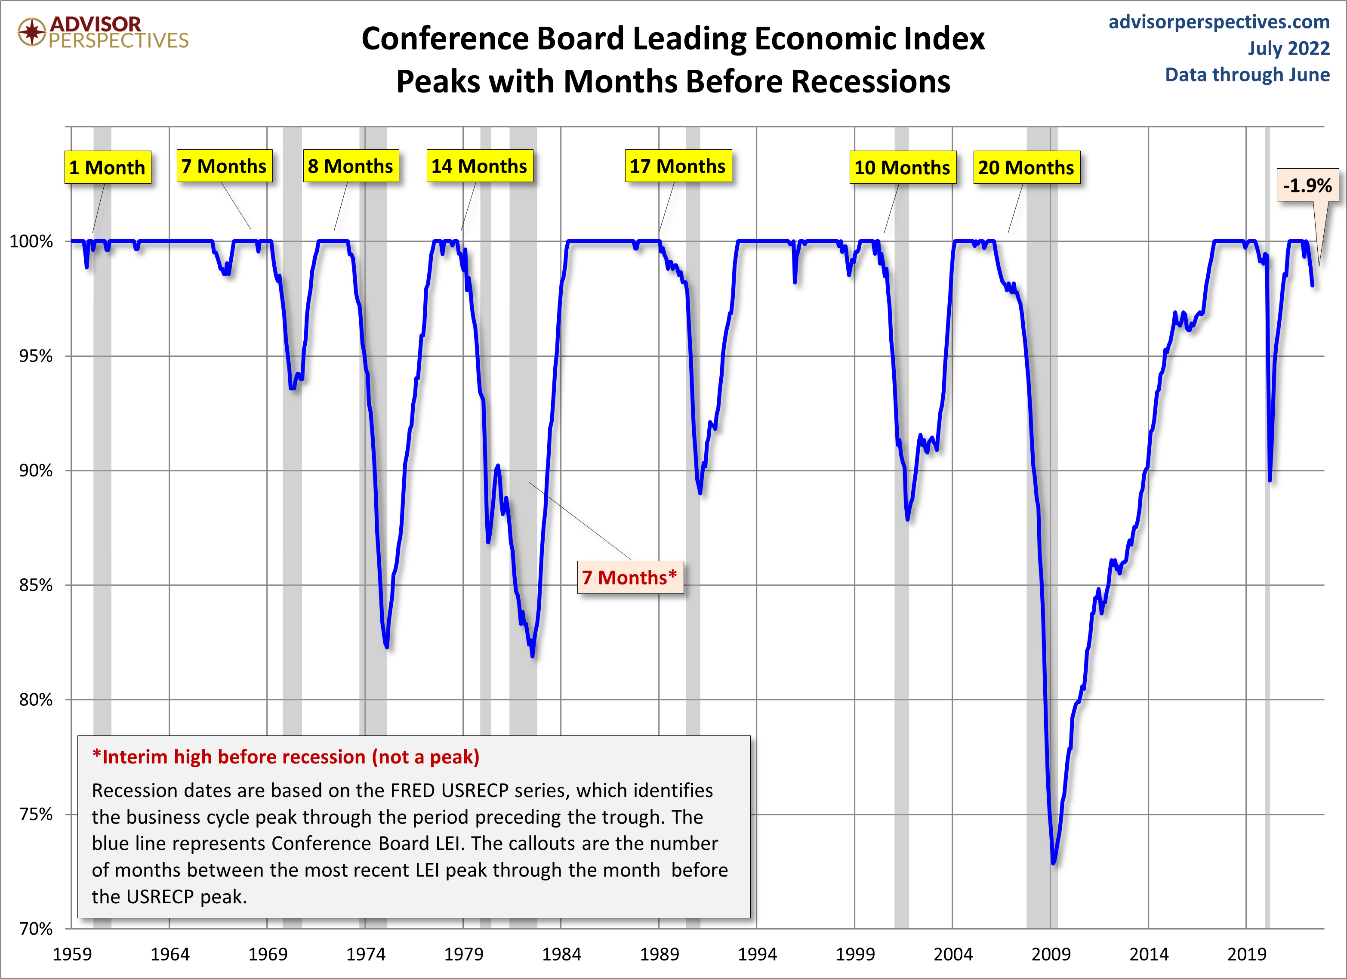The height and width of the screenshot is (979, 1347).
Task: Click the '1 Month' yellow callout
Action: (x=108, y=167)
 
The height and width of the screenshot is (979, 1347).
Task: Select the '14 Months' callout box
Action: (x=479, y=167)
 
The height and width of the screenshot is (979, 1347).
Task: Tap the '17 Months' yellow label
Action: (x=678, y=167)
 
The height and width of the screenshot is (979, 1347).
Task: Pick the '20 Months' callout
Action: (x=1026, y=167)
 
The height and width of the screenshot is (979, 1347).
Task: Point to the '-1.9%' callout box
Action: (x=1307, y=186)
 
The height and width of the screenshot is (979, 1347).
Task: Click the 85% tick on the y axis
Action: (x=36, y=586)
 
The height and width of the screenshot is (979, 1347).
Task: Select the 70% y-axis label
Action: (x=36, y=929)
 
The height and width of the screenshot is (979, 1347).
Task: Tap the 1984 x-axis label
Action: (x=561, y=954)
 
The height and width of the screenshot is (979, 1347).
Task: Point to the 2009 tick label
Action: (x=1051, y=954)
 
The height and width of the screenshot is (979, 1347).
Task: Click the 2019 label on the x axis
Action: (x=1247, y=954)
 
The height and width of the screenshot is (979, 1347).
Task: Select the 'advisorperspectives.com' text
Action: (x=1219, y=22)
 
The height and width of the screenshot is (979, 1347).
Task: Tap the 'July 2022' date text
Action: (x=1288, y=48)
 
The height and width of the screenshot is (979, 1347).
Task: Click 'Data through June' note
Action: (x=1247, y=75)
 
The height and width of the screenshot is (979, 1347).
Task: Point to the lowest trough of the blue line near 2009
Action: (x=1053, y=862)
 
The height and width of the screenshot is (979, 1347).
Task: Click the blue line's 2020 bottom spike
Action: (x=1269, y=480)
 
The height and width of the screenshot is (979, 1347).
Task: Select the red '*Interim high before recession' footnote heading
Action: (x=286, y=757)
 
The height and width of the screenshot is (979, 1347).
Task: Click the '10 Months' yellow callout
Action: (x=902, y=167)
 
